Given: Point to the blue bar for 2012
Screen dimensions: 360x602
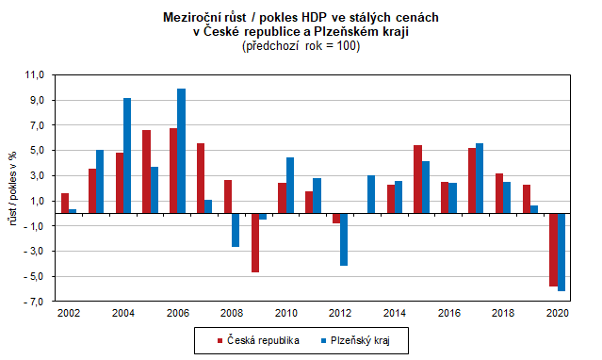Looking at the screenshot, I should [x=345, y=239].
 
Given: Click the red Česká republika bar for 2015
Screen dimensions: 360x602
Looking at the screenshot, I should [x=417, y=179].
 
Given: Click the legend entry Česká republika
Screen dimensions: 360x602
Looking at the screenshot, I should [x=257, y=339].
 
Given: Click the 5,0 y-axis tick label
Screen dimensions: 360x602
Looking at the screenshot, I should [x=37, y=151].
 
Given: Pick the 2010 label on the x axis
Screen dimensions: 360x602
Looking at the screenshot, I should [x=286, y=312].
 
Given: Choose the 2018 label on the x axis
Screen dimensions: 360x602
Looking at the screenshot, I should [x=504, y=312].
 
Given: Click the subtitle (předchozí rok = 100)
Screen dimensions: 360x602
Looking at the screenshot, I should [x=301, y=46].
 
